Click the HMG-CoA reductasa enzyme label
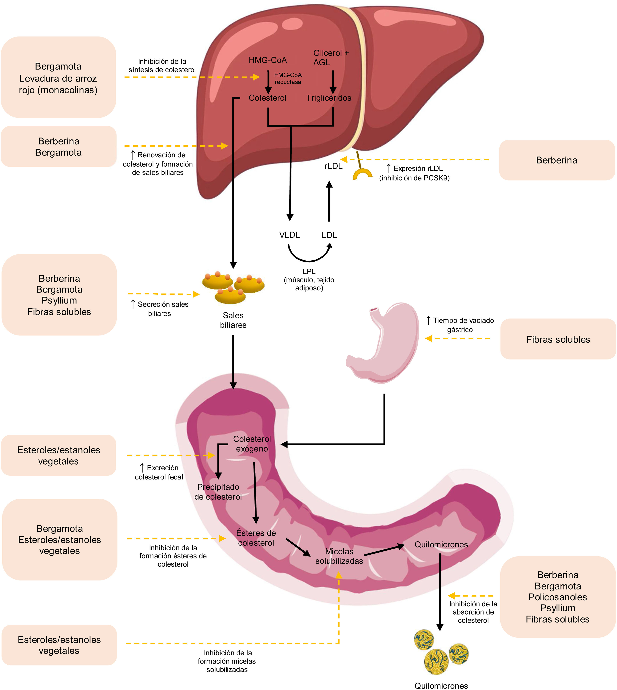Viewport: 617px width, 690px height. [x=288, y=78]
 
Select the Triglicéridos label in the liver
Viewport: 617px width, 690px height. [x=329, y=98]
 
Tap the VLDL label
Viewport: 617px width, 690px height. [x=289, y=235]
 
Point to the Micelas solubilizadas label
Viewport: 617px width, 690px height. [x=339, y=556]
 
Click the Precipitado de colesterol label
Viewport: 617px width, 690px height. [x=218, y=492]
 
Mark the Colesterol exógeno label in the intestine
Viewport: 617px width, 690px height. [x=252, y=444]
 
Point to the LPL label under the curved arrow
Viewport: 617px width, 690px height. [x=309, y=271]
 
